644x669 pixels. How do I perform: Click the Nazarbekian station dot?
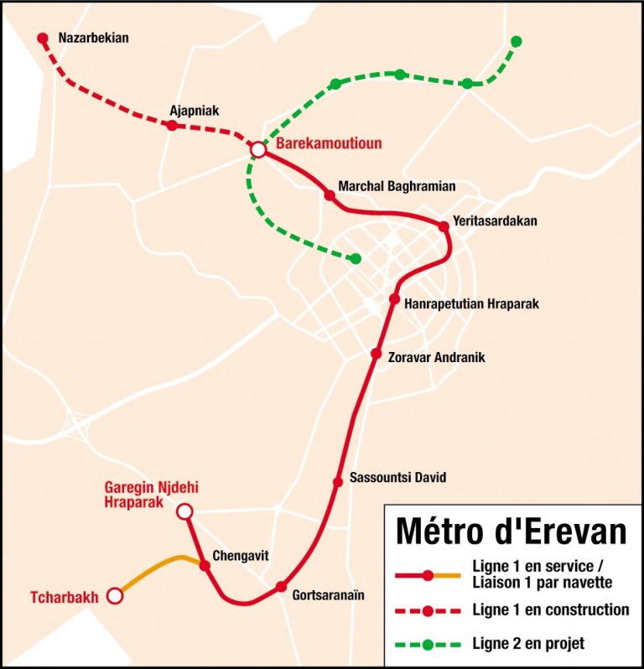(x=43, y=38)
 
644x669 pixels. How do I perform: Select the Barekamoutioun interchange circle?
(x=258, y=149)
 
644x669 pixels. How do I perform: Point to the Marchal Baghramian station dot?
(x=330, y=195)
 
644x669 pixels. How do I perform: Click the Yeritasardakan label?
(x=494, y=221)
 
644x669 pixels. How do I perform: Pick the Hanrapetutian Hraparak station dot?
(x=394, y=299)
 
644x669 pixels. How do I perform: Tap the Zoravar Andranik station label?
(x=436, y=357)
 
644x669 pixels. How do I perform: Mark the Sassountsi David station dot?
(x=337, y=481)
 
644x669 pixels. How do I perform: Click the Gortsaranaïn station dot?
(x=282, y=587)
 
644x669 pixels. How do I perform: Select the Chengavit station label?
(x=241, y=555)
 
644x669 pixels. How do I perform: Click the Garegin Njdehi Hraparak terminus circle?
(x=184, y=511)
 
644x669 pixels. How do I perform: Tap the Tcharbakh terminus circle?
(x=115, y=596)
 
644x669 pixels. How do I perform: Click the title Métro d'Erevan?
(x=511, y=531)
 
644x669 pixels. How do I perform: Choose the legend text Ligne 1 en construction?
(x=551, y=610)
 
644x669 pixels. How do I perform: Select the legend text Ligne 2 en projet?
(x=528, y=644)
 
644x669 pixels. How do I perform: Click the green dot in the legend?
(x=428, y=645)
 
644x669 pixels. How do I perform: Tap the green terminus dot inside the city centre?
(x=356, y=258)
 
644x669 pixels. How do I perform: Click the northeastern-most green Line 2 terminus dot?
(x=517, y=41)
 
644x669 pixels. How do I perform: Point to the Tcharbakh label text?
(x=65, y=597)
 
